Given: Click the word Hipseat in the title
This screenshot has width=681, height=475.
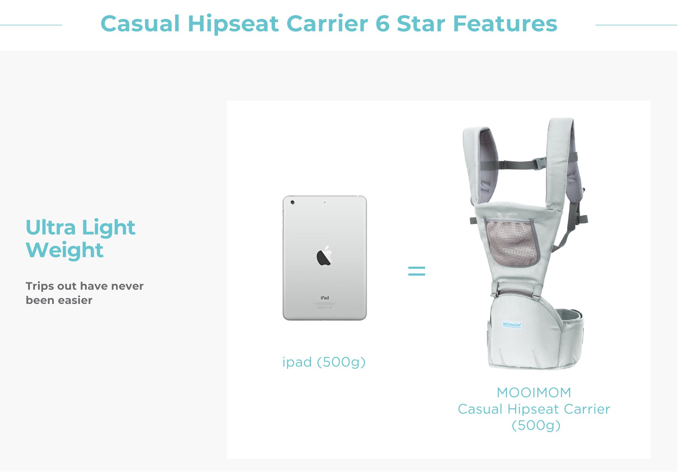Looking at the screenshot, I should (x=233, y=24).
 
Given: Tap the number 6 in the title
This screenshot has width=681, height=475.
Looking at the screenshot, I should (x=382, y=24).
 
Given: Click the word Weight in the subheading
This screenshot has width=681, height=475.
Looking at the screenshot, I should (x=64, y=250).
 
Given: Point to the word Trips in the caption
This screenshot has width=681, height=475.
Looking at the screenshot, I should (x=39, y=286).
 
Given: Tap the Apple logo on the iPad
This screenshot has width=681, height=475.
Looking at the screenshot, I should (x=324, y=256).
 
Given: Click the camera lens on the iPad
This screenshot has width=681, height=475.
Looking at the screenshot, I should (x=292, y=202).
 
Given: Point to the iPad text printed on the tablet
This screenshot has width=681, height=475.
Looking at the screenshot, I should (x=325, y=298).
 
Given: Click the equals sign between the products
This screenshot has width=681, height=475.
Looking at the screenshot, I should (x=417, y=271).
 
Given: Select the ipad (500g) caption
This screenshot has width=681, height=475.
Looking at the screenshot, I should (x=324, y=362).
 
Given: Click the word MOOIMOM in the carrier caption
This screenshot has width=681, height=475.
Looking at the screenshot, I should (x=534, y=392).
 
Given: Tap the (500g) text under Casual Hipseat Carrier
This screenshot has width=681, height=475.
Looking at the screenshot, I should (x=536, y=425).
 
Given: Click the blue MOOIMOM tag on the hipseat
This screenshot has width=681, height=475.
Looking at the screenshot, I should (x=512, y=325).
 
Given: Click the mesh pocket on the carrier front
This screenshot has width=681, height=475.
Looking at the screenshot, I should (x=512, y=242).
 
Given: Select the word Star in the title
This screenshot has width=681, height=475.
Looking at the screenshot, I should (x=421, y=24).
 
